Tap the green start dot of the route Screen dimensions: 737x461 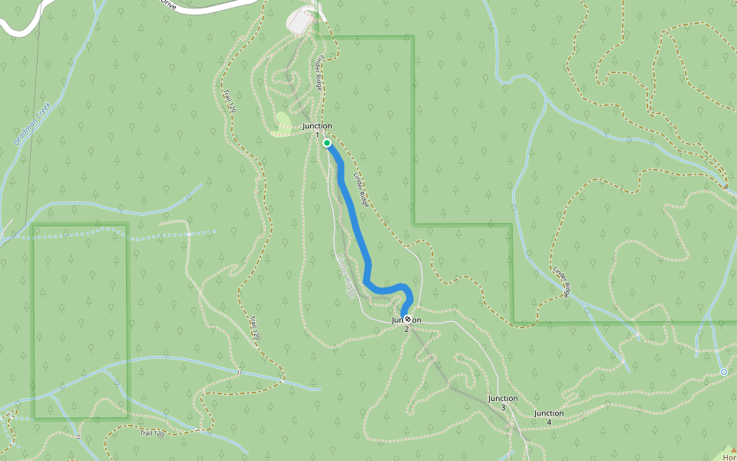pos(327,143)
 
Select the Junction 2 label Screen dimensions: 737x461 pos(407,323)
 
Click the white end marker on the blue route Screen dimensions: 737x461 pos(408,319)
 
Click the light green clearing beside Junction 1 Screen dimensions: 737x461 pos(282,124)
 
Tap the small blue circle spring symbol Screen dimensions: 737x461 pos(723,372)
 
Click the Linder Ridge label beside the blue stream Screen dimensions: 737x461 pos(562,281)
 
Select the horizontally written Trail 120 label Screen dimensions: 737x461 pos(153,434)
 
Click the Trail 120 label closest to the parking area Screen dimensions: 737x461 pos(229,100)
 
